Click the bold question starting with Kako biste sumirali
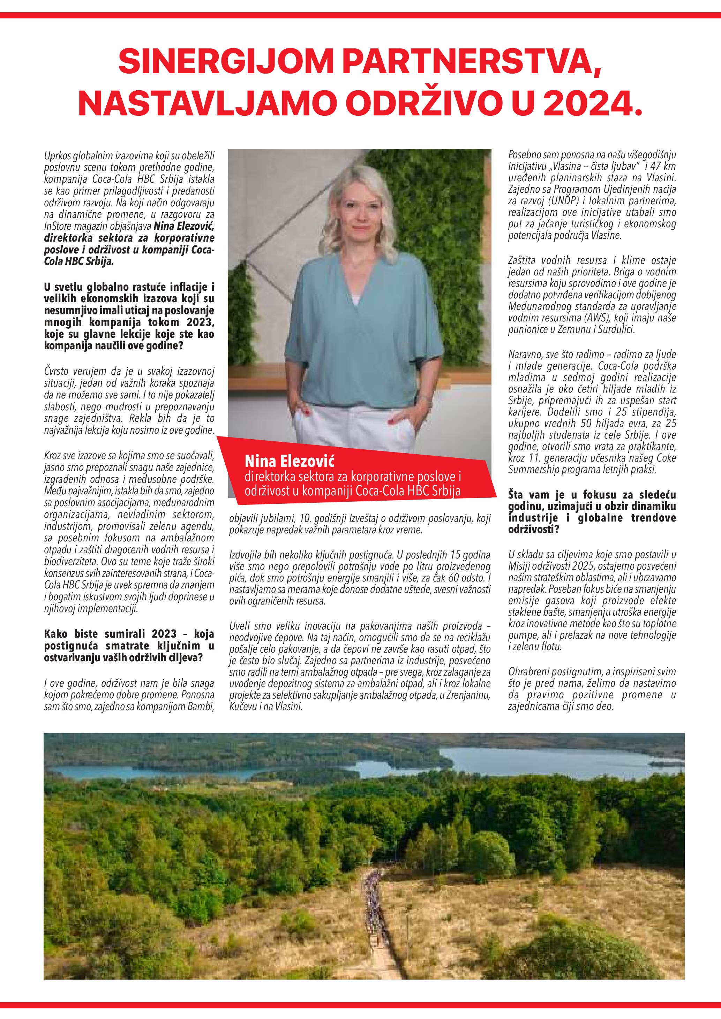pos(129,645)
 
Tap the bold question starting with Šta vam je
pos(592,512)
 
